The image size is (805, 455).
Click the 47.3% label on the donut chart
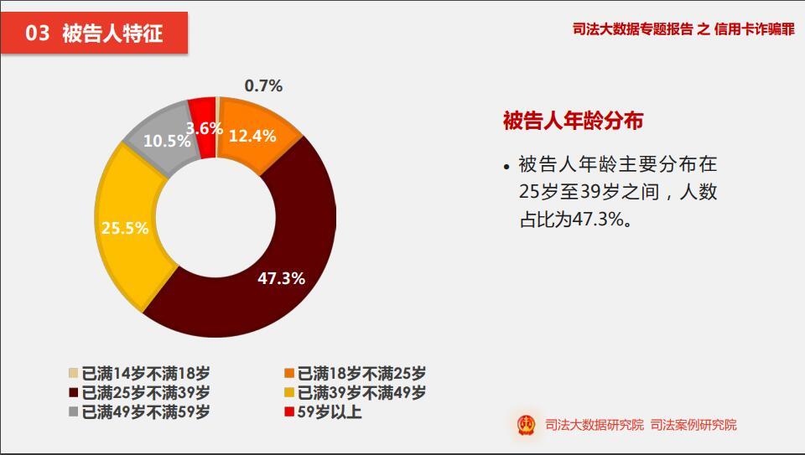281,278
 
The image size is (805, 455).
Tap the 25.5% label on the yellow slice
125,228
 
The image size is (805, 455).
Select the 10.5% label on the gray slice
167,141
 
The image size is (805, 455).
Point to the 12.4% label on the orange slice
252,136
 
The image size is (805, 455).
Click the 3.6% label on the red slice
204,128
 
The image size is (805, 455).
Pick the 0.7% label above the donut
263,85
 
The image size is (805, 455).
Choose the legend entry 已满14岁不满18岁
139,374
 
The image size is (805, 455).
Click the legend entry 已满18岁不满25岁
355,374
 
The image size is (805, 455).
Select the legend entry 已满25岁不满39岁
139,392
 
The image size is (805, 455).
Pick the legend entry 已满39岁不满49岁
355,392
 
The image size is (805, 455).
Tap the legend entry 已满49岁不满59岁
139,411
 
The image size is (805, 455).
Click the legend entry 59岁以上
323,411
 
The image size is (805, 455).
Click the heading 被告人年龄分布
573,122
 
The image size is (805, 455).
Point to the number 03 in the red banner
38,34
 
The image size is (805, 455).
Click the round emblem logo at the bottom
527,425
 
